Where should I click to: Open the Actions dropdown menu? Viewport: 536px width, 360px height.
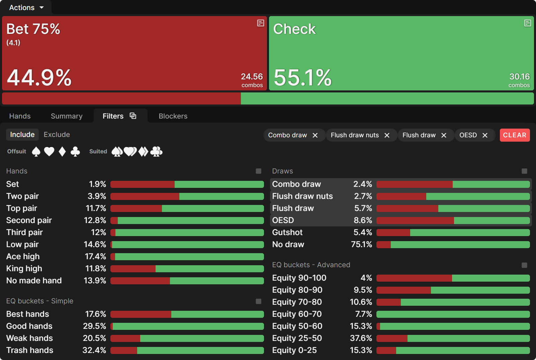(26, 7)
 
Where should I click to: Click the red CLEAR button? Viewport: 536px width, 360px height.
(515, 135)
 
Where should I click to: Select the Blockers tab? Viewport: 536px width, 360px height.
(173, 116)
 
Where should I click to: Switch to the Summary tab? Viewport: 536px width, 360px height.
(67, 116)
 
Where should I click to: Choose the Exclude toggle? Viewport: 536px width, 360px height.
(57, 135)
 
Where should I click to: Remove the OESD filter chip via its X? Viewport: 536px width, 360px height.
(485, 135)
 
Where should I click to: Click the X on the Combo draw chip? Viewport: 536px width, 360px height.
(315, 135)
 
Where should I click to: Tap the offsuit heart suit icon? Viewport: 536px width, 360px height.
(49, 152)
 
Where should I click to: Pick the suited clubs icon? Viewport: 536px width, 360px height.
(156, 152)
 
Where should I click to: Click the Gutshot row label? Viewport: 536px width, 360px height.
(287, 232)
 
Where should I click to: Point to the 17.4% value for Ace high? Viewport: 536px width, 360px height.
(95, 257)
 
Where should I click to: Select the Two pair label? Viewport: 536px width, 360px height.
(22, 196)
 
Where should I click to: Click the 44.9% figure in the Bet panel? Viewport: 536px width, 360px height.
(39, 78)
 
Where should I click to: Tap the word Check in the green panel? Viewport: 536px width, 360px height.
(294, 29)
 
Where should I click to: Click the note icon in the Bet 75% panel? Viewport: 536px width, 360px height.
(260, 23)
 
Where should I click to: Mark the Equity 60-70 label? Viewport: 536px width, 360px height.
(297, 314)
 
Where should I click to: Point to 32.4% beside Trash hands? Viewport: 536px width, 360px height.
(94, 350)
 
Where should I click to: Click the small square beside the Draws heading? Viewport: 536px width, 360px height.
(524, 171)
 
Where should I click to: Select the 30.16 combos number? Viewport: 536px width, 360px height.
(519, 77)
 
